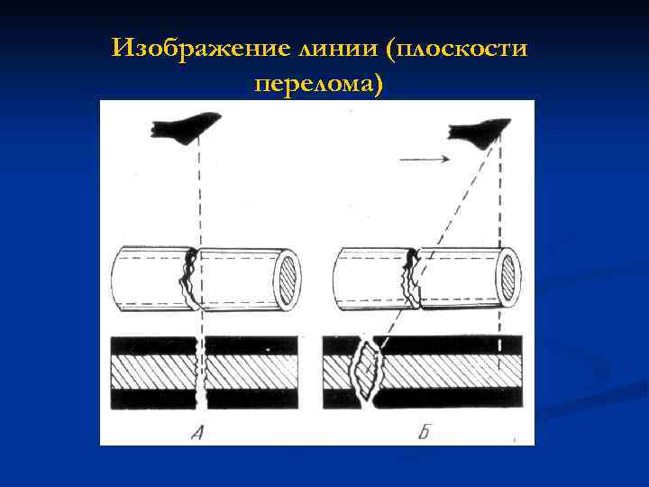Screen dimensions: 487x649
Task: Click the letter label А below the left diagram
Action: (199, 431)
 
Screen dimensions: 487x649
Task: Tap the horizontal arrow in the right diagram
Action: (424, 159)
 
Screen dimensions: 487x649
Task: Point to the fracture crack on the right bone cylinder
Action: (412, 277)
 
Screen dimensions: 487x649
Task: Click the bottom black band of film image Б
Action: (451, 398)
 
